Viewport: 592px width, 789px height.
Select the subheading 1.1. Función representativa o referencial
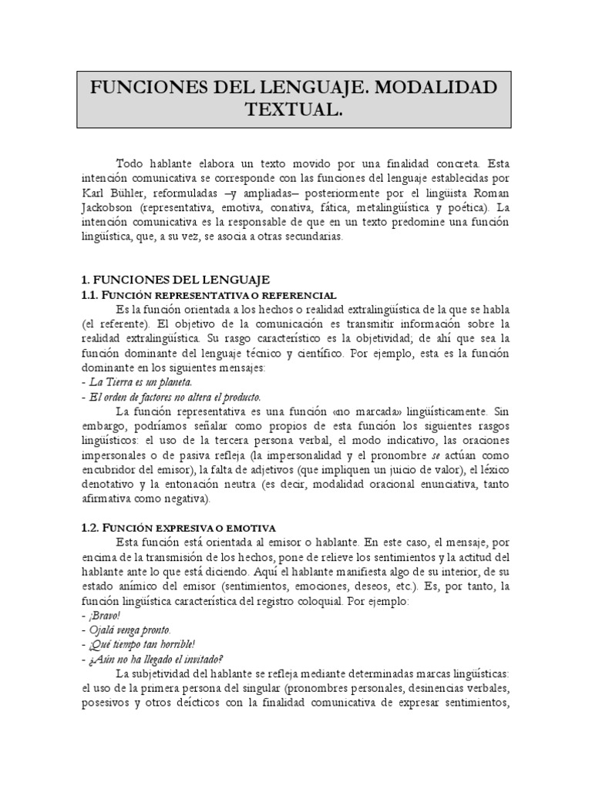pos(208,295)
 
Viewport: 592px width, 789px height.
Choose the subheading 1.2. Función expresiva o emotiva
pos(178,527)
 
